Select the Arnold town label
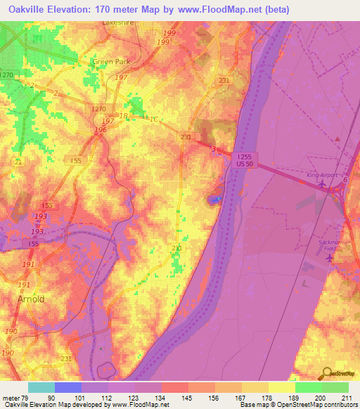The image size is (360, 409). tap(31, 299)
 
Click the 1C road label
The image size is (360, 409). tap(153, 119)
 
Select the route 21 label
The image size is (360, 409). tap(18, 162)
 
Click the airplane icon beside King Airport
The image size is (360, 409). tap(322, 184)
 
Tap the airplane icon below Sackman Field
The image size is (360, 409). tap(330, 257)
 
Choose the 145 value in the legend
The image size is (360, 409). tap(188, 398)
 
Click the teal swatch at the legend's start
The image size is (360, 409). tap(41, 387)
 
